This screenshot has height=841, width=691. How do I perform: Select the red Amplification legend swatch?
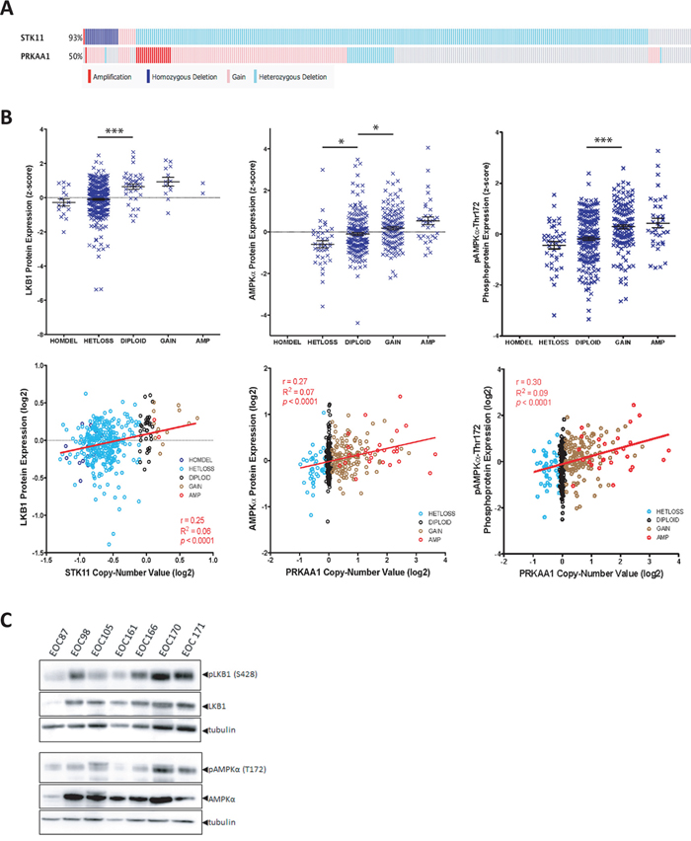(92, 74)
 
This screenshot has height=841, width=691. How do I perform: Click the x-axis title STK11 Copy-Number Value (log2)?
(128, 569)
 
